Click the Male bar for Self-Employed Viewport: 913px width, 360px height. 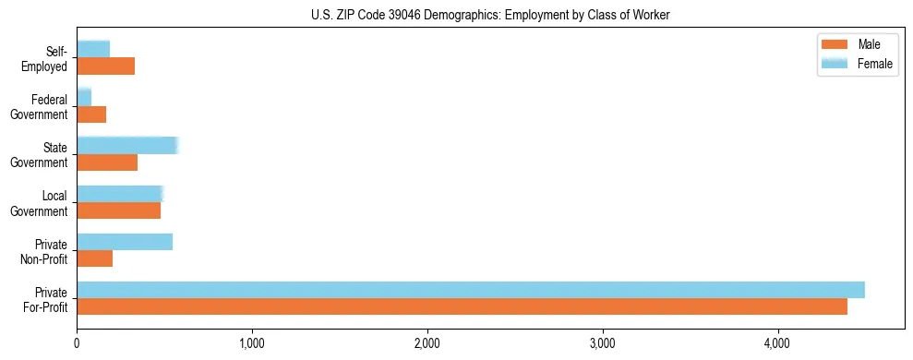tap(106, 66)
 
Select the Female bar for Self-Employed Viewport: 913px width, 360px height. tap(93, 49)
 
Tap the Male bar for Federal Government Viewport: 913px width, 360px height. tap(91, 114)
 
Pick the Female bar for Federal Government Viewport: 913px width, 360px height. tap(84, 97)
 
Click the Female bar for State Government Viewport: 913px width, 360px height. tap(127, 145)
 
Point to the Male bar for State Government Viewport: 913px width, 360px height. tap(107, 162)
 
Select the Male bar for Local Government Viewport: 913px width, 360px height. tap(119, 210)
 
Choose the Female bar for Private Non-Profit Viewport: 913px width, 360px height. tap(125, 242)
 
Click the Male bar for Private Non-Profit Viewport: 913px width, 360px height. tap(95, 259)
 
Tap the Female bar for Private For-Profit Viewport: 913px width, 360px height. tap(471, 290)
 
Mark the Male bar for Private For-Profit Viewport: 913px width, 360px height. tap(463, 307)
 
